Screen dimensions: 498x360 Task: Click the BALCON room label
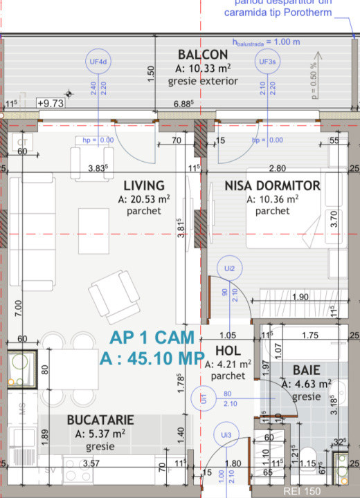click(202, 55)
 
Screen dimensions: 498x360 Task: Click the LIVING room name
click(144, 185)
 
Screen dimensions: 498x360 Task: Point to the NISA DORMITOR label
click(272, 185)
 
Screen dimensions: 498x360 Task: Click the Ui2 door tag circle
click(229, 268)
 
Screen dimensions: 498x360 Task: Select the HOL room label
click(228, 351)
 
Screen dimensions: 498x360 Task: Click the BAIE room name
click(305, 371)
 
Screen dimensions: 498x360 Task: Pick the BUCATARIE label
click(100, 420)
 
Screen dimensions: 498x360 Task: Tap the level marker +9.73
click(50, 103)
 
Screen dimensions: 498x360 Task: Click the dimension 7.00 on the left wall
click(18, 305)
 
